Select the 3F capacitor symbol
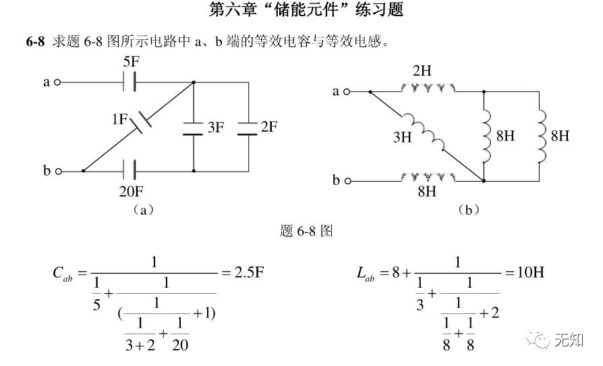pos(194,127)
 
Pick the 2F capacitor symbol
pos(248,127)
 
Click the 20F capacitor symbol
pos(132,171)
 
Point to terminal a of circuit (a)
pos(57,82)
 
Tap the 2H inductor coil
pos(428,88)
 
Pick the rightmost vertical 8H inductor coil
pos(540,136)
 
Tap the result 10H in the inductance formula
pos(527,273)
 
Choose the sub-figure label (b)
pos(468,210)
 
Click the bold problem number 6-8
pos(35,42)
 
